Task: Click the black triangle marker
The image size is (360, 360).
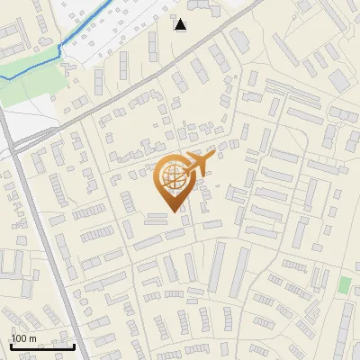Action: pyautogui.click(x=181, y=24)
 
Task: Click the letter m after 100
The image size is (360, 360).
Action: pyautogui.click(x=33, y=337)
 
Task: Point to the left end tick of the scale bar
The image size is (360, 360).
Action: pyautogui.click(x=11, y=345)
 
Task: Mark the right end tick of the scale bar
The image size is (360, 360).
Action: pyautogui.click(x=74, y=345)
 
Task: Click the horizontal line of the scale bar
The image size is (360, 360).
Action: pyautogui.click(x=42, y=346)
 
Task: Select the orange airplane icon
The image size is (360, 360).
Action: pyautogui.click(x=197, y=163)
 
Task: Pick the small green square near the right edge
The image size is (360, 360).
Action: pyautogui.click(x=344, y=285)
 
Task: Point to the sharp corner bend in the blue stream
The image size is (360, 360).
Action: pyautogui.click(x=58, y=45)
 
